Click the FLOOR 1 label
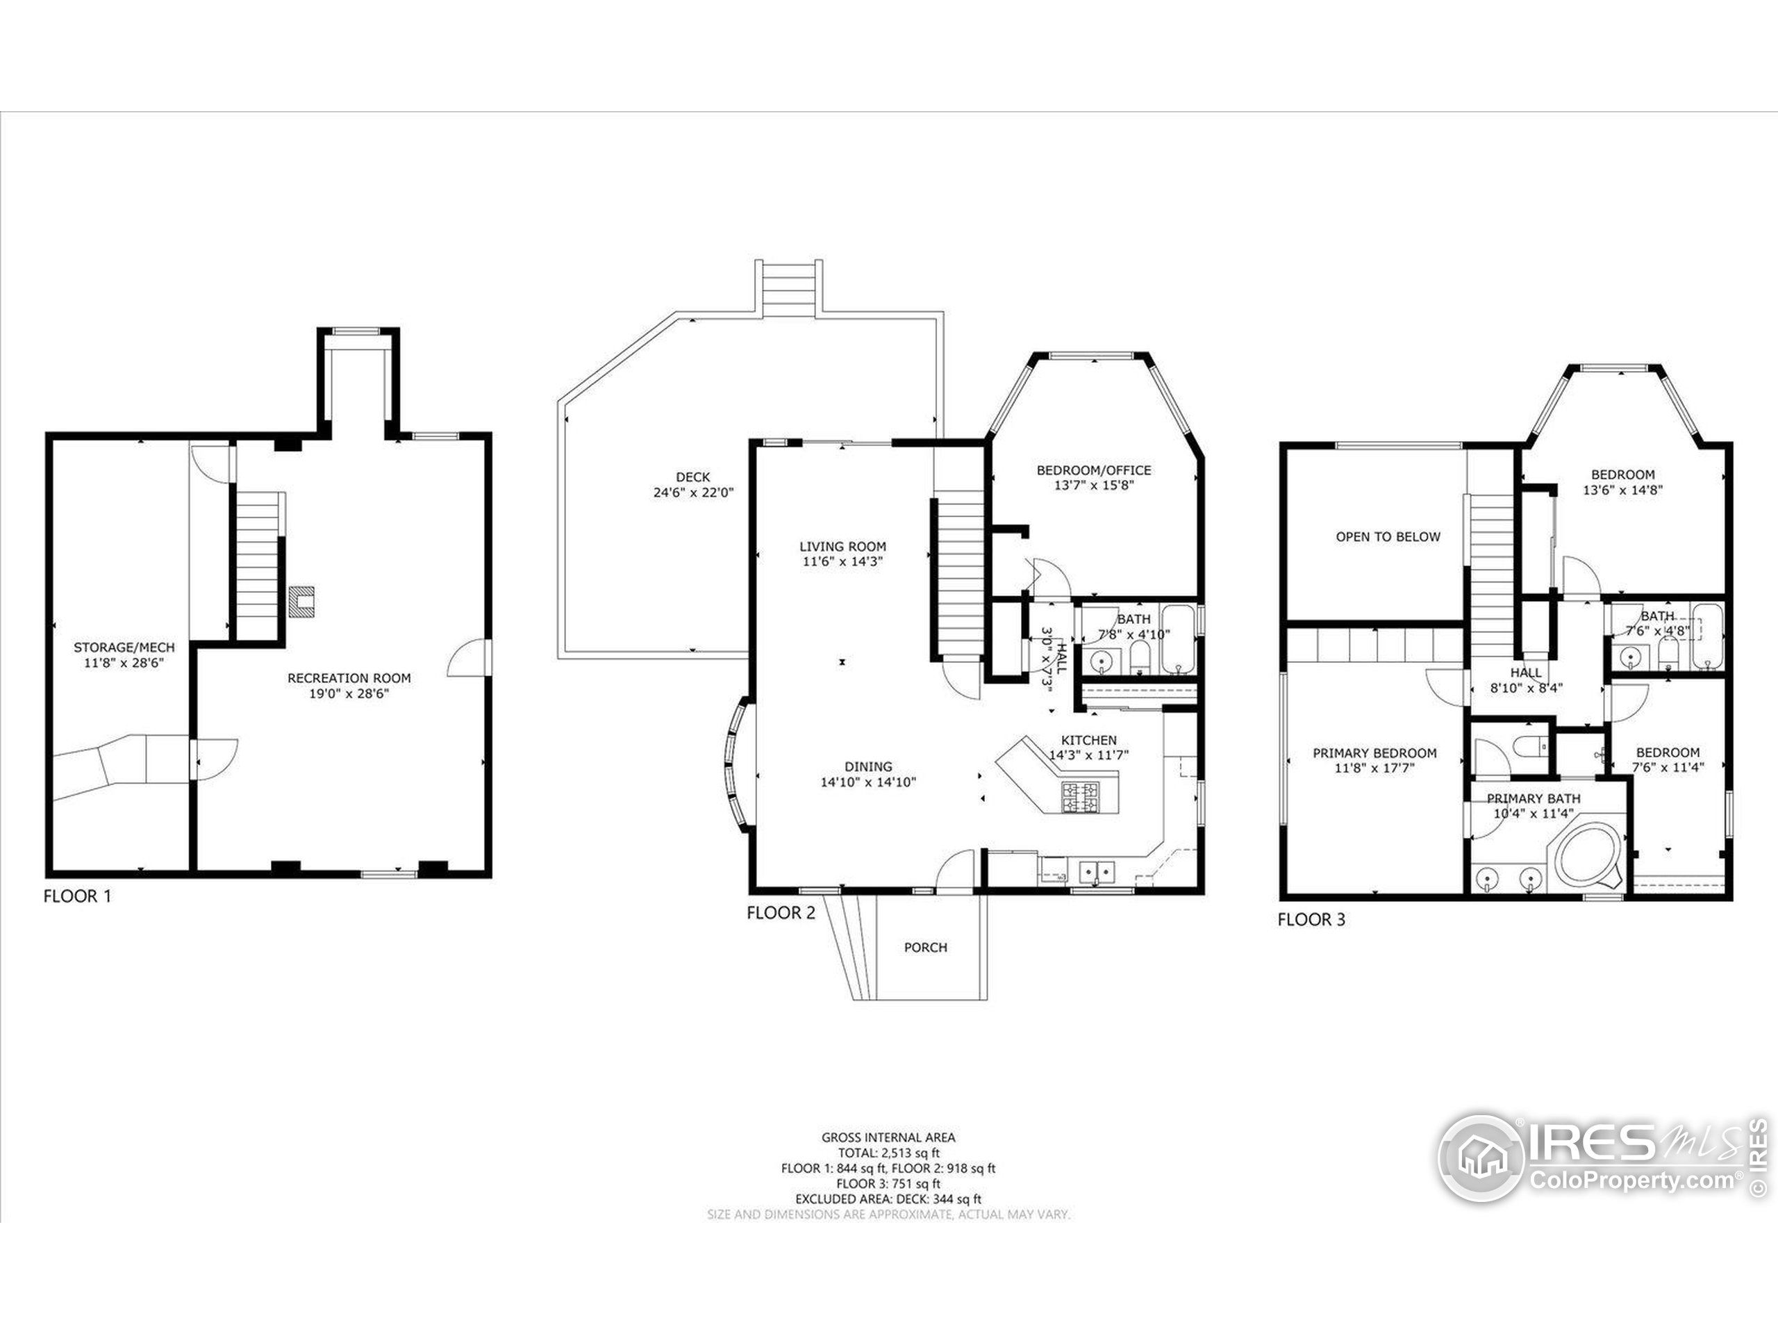(77, 896)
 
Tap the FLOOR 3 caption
(1311, 919)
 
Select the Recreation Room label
(349, 679)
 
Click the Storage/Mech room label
(124, 648)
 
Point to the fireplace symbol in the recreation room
(301, 601)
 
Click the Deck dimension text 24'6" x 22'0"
(693, 492)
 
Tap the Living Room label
(842, 547)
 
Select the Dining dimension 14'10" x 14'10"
(868, 782)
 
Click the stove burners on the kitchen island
(1080, 796)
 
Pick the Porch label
(925, 947)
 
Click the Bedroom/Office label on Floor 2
(1093, 470)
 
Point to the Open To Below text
(1388, 536)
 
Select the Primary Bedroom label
(1374, 753)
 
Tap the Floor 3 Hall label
(1526, 673)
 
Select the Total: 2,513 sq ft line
(888, 1152)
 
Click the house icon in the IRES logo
(1480, 1159)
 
